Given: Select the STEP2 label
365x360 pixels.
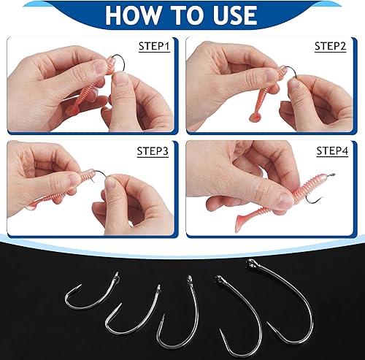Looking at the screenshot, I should pyautogui.click(x=330, y=47).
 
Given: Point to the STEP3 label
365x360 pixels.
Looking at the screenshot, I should pyautogui.click(x=153, y=151).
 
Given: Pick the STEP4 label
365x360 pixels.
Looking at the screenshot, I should pyautogui.click(x=331, y=151).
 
